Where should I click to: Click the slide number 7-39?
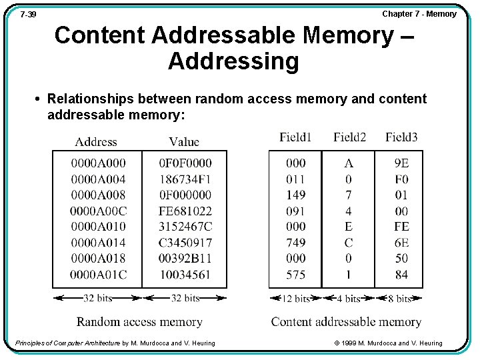tap(28, 15)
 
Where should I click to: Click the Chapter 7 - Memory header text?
tap(419, 14)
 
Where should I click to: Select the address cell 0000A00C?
tap(98, 211)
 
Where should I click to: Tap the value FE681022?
tap(185, 211)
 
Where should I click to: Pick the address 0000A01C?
tap(98, 274)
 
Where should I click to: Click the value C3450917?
tap(185, 243)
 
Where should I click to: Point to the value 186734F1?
tap(185, 179)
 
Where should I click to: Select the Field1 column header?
tap(295, 137)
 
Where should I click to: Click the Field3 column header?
tap(401, 137)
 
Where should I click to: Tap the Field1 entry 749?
tap(295, 243)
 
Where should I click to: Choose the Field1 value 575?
tap(295, 274)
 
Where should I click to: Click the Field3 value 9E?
tap(401, 163)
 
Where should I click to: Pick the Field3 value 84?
tap(401, 274)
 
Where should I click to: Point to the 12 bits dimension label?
tap(295, 299)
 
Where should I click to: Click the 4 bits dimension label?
tap(348, 299)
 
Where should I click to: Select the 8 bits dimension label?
tap(399, 299)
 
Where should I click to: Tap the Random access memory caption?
tap(139, 322)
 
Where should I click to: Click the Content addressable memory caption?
tap(346, 322)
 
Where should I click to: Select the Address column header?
tap(96, 141)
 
